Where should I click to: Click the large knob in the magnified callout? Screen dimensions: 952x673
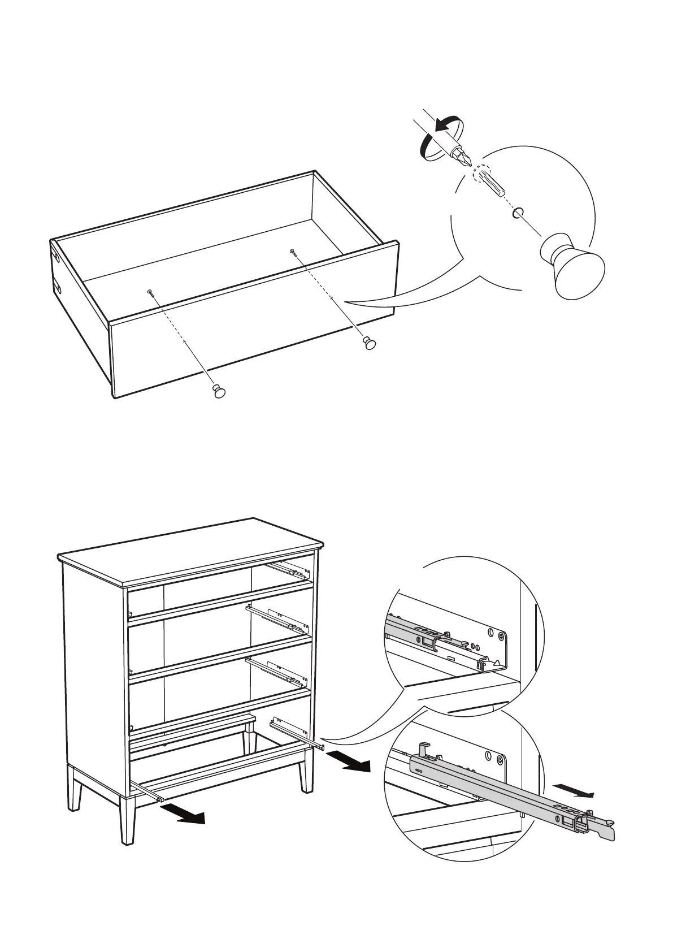pos(572,266)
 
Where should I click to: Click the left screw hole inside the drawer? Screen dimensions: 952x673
pos(150,292)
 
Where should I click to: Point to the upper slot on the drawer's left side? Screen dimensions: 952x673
pos(57,256)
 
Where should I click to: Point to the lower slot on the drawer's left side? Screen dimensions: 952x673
pos(58,287)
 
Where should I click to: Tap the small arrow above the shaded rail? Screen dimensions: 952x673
pos(573,790)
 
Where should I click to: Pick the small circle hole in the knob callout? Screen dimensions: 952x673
pos(518,213)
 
